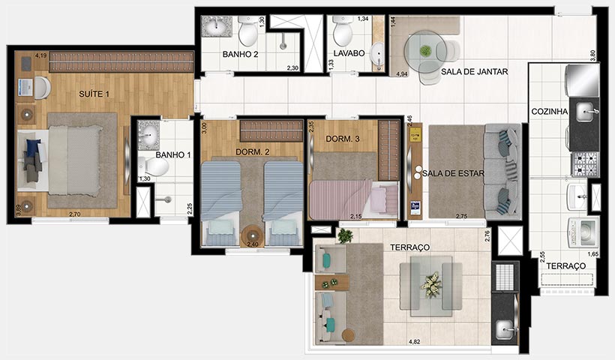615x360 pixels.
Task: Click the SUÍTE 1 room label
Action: (94, 93)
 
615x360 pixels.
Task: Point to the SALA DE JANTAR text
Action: (475, 72)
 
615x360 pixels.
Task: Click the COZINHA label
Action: (549, 111)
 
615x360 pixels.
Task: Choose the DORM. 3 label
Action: (344, 139)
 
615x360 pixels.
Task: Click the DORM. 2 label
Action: (252, 152)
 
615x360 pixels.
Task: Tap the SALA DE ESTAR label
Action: (452, 173)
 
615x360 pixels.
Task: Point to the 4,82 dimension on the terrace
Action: (414, 342)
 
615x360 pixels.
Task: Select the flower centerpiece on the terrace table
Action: (430, 284)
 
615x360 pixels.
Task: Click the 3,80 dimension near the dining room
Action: (592, 55)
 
